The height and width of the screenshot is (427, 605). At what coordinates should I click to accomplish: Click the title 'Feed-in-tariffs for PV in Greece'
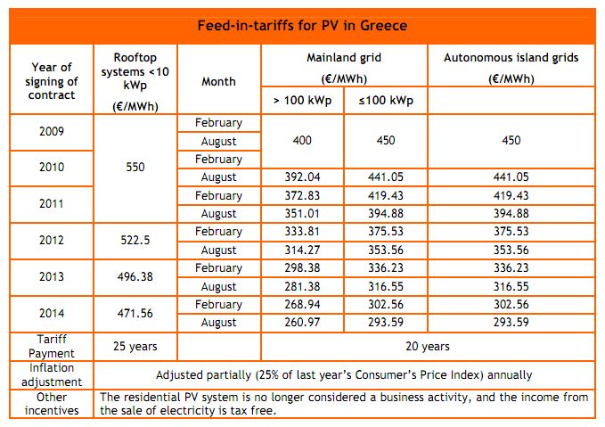[x=302, y=26]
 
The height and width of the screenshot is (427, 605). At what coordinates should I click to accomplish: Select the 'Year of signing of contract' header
[x=51, y=80]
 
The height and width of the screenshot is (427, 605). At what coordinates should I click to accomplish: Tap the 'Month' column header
[x=218, y=81]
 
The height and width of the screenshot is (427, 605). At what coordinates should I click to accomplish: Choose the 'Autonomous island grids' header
[x=511, y=58]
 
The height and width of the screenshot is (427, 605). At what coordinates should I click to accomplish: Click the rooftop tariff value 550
[x=136, y=167]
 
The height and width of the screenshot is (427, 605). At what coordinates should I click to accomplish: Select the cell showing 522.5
[x=136, y=241]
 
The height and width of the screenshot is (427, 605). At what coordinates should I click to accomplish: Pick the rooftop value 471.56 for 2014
[x=136, y=313]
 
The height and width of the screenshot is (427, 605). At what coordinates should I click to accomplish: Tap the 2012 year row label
[x=51, y=241]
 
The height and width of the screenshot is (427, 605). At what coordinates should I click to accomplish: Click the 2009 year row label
[x=51, y=131]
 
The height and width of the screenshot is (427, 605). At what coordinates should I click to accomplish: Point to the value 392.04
[x=303, y=177]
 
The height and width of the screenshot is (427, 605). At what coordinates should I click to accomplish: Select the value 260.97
[x=303, y=322]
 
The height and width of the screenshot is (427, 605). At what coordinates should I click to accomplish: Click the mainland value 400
[x=303, y=140]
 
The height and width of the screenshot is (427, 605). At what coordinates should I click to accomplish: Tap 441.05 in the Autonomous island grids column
[x=511, y=177]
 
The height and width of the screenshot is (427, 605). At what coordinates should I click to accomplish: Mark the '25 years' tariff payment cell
[x=136, y=345]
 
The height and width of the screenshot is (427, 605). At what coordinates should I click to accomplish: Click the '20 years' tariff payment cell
[x=428, y=345]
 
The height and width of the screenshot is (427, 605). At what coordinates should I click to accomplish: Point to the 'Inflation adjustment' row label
[x=51, y=374]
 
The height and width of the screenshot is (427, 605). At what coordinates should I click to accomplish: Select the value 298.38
[x=303, y=267]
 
